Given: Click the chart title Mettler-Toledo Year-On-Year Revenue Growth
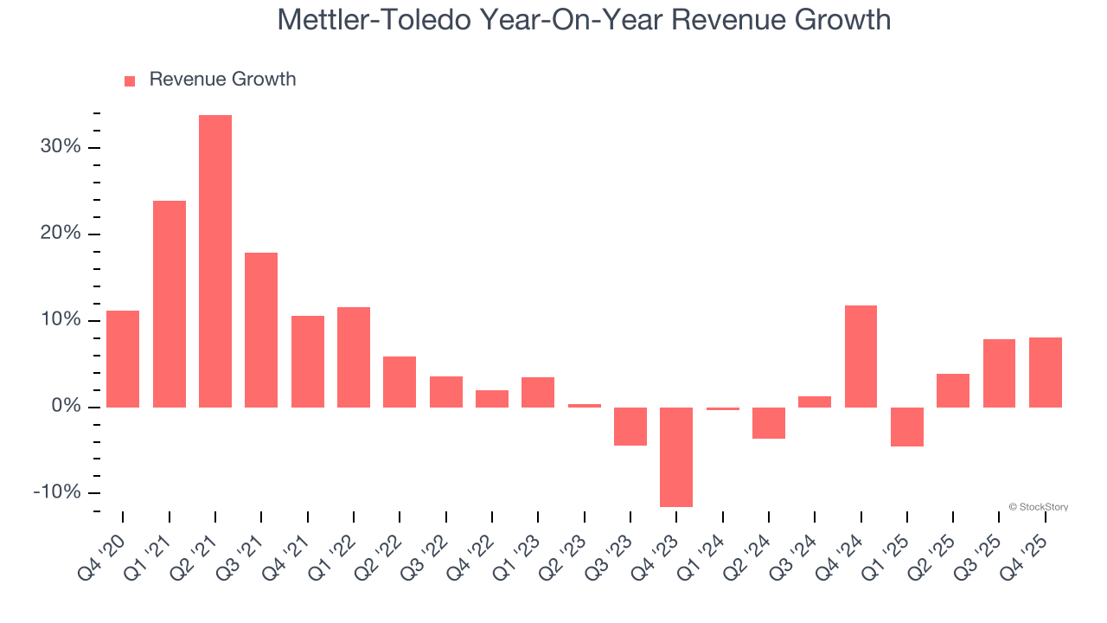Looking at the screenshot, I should coord(584,19).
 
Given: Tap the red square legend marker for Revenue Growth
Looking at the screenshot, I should coord(130,80).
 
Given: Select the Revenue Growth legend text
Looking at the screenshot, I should coord(222,80).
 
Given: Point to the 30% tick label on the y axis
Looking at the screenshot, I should coord(61,147).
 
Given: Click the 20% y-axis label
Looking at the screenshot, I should coord(61,234).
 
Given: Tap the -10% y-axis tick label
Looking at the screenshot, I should coord(57,492).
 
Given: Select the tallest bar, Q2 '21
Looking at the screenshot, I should coord(215,260).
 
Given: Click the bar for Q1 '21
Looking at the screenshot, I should coord(170,304).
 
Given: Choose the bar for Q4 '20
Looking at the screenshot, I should coord(123,358).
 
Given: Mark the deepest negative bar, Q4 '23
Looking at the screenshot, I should coord(676,457).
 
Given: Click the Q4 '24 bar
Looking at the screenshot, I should coord(861,356).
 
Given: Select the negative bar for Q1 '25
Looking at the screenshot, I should coord(907,427).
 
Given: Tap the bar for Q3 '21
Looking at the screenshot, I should coord(261,330).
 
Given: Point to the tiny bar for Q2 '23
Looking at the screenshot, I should coord(585,405).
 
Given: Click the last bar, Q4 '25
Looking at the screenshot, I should coord(1046,372).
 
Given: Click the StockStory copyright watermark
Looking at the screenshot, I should coord(1038,507).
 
